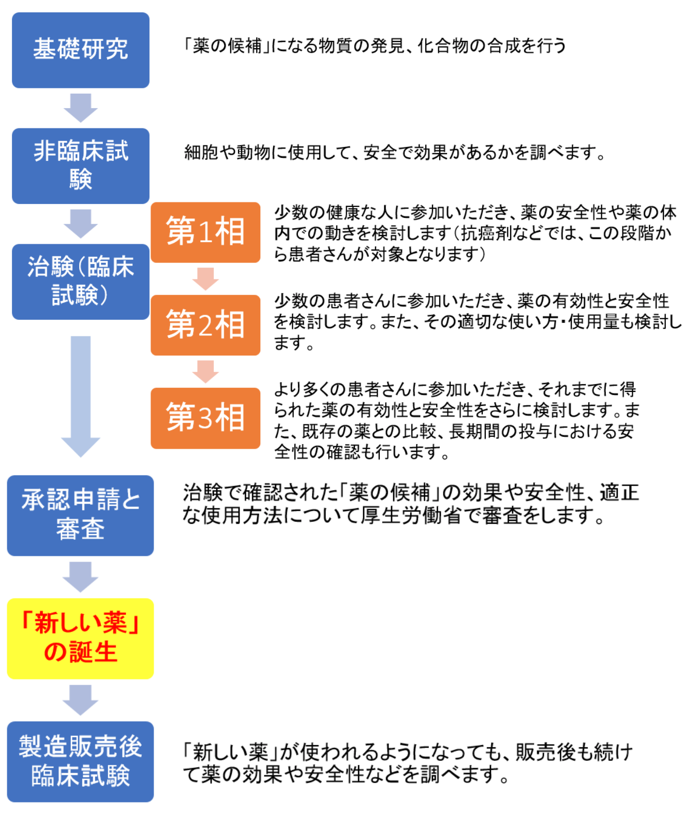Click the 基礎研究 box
point(81,50)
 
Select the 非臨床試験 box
point(81,166)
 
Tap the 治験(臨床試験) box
point(81,282)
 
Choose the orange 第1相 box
point(205,232)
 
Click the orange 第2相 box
point(205,325)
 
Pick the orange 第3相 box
point(205,418)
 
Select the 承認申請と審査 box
point(81,516)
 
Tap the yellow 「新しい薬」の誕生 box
point(81,639)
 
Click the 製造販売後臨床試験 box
point(81,762)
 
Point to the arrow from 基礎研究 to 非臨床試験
point(81,108)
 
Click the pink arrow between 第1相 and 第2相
point(205,279)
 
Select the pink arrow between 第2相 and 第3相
point(205,372)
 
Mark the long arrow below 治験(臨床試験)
point(81,396)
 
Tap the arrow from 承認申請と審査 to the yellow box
point(81,577)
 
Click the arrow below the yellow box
point(81,700)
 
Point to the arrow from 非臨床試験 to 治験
point(81,224)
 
